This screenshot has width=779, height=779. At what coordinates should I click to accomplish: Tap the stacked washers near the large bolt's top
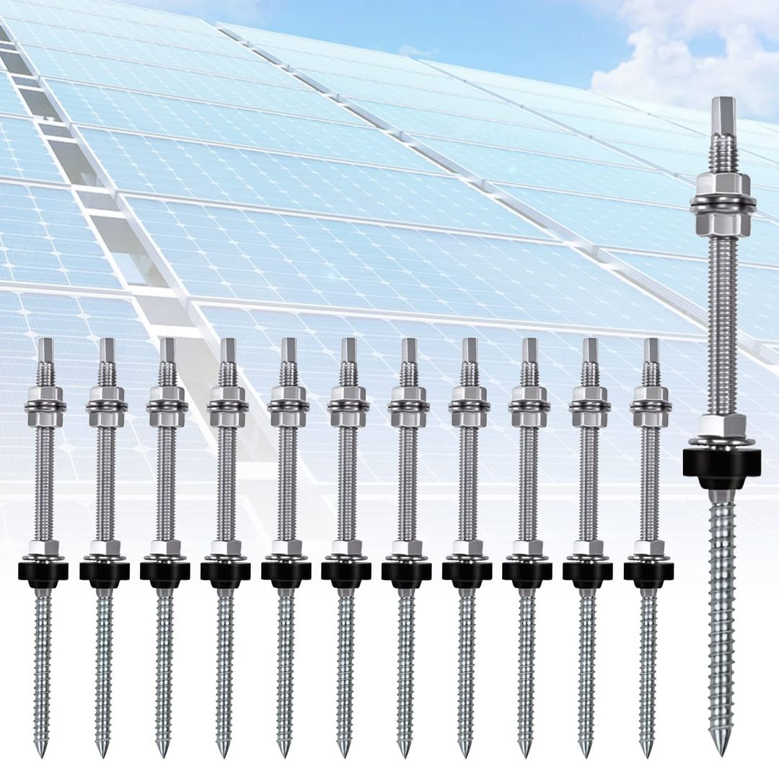point(722,204)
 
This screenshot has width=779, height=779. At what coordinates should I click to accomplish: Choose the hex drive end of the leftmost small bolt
point(46,351)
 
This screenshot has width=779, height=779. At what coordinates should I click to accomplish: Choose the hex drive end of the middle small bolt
point(348,351)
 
